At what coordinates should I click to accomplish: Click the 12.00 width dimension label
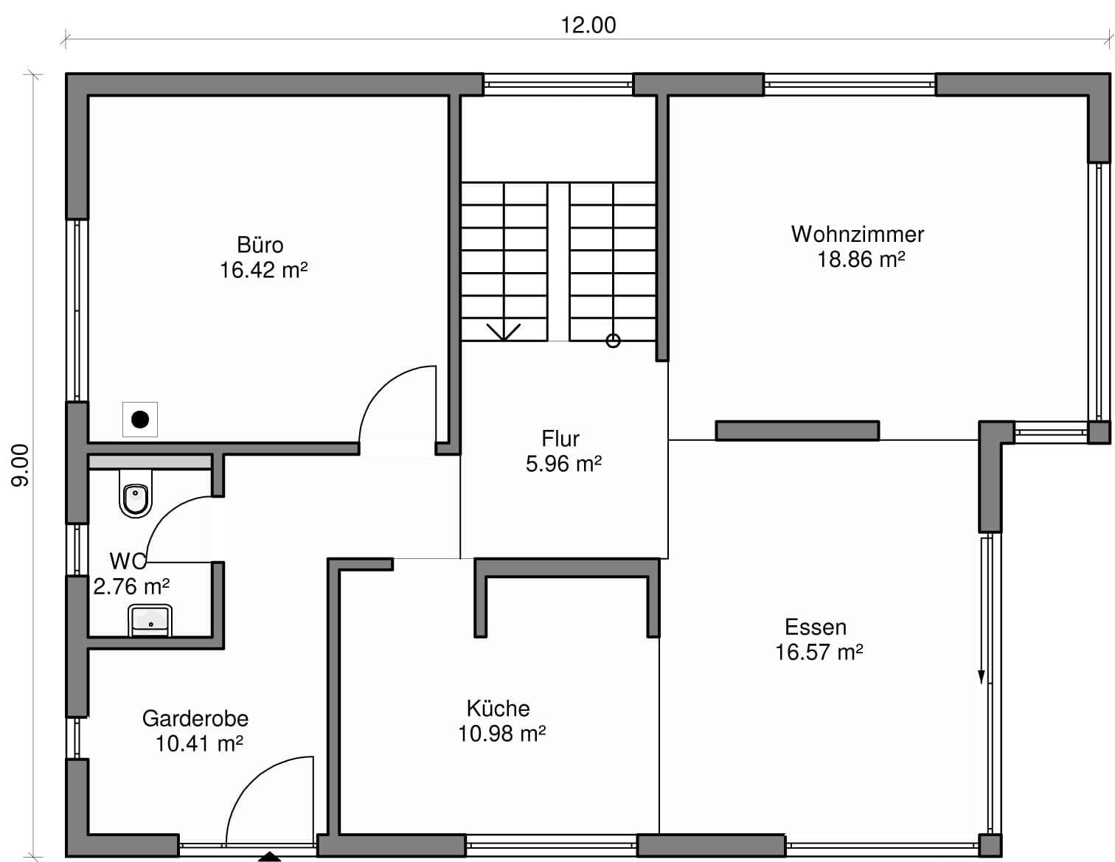click(x=588, y=25)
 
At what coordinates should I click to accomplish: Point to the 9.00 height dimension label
click(x=21, y=465)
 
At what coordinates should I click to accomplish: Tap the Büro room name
click(x=260, y=245)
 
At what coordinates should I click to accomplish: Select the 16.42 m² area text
click(x=264, y=270)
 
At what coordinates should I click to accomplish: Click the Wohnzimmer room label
click(x=858, y=234)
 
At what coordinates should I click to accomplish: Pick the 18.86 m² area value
click(x=861, y=259)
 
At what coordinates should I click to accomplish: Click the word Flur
click(x=560, y=439)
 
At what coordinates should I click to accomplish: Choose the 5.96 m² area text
click(x=563, y=464)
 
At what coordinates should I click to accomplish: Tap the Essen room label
click(x=816, y=627)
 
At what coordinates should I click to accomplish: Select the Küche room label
click(x=499, y=708)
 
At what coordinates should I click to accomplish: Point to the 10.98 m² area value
click(x=501, y=733)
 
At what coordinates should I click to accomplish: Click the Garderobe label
click(x=195, y=718)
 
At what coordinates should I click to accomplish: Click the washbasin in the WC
click(x=150, y=620)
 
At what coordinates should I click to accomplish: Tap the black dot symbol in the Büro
click(x=140, y=419)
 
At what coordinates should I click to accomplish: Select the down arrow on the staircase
click(x=504, y=332)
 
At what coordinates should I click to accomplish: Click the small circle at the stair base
click(x=613, y=340)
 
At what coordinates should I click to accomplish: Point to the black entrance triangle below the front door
click(x=269, y=857)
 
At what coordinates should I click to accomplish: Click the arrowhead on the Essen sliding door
click(x=981, y=677)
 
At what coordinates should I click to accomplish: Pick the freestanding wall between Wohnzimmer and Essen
click(x=797, y=431)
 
